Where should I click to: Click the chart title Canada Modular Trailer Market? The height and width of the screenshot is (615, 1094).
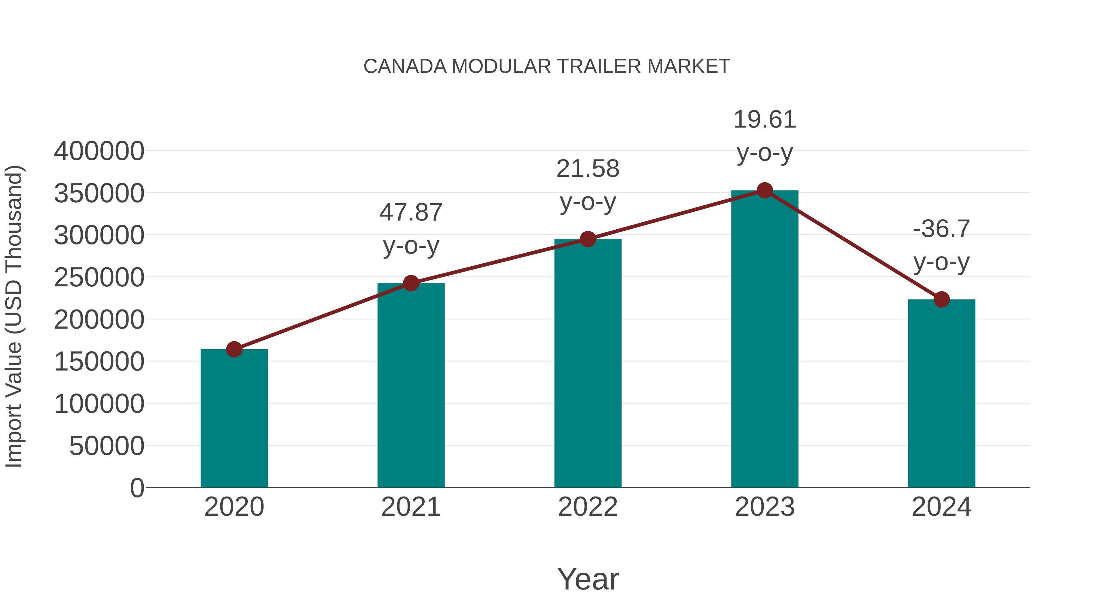(547, 67)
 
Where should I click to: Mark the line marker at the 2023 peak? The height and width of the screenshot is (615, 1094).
(765, 190)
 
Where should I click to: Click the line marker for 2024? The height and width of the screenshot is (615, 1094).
(941, 299)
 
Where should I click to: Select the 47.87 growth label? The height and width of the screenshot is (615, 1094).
(411, 213)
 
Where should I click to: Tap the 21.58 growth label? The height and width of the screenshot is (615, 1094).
(588, 169)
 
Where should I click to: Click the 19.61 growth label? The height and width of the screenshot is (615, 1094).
(765, 120)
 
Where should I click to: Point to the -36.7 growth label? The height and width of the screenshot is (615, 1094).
(941, 229)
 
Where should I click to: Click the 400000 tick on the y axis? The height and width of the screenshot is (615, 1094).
(99, 151)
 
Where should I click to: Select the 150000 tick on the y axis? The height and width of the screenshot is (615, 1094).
(99, 362)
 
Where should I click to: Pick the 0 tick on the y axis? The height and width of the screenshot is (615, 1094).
(137, 488)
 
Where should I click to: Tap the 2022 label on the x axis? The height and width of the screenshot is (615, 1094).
(588, 507)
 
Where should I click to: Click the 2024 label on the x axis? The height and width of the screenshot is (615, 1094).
(941, 507)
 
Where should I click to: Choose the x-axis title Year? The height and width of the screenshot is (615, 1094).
(588, 579)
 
